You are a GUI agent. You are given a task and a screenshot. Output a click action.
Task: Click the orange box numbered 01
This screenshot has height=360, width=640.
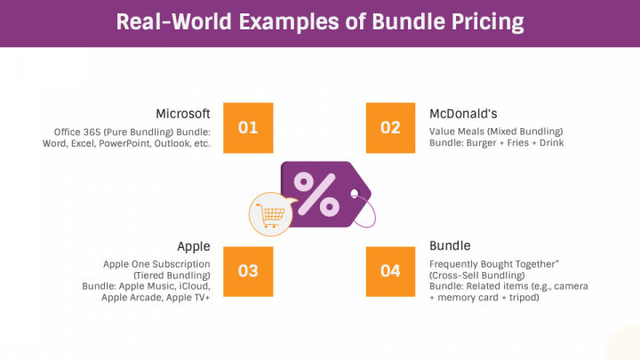click(x=248, y=127)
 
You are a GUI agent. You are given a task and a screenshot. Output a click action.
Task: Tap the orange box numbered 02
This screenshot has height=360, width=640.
click(x=390, y=127)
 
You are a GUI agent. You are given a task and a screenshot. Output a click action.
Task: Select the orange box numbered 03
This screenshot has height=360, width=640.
click(x=248, y=271)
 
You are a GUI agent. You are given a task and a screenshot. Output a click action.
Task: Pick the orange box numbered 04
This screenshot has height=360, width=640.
click(x=390, y=271)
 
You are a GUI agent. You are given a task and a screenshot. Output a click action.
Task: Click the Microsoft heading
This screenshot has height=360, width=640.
click(x=183, y=114)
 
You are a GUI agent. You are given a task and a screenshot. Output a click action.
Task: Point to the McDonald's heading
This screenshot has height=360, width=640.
click(x=463, y=114)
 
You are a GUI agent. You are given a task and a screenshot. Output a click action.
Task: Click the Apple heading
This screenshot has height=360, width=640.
click(x=194, y=246)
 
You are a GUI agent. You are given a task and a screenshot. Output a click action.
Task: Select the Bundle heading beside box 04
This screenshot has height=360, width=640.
click(x=450, y=246)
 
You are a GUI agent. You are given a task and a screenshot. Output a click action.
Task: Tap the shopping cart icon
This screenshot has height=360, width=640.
click(x=269, y=214)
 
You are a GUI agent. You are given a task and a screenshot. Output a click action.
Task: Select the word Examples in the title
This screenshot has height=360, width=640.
click(x=292, y=21)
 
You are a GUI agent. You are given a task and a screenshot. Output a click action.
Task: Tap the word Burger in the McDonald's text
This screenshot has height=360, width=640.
click(x=478, y=143)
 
